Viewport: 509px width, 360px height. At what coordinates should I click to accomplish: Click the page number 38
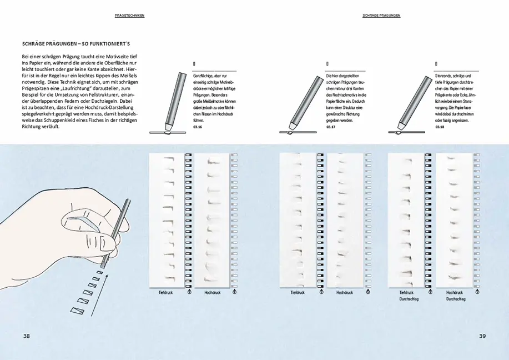tap(27, 336)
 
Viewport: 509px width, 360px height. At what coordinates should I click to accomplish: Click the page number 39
tap(482, 336)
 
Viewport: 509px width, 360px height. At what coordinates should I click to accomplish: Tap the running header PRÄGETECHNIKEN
tap(129, 16)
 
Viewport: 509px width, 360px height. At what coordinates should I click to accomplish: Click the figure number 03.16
tap(198, 127)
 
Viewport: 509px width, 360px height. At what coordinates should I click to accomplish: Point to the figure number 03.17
tap(330, 127)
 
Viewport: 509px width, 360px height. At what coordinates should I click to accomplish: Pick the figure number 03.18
tap(440, 127)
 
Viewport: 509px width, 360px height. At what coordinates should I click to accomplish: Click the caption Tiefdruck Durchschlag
tap(407, 295)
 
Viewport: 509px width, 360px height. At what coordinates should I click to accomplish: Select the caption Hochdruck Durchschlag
tap(455, 295)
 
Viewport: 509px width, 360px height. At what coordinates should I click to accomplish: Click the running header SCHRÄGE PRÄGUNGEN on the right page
tap(381, 16)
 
